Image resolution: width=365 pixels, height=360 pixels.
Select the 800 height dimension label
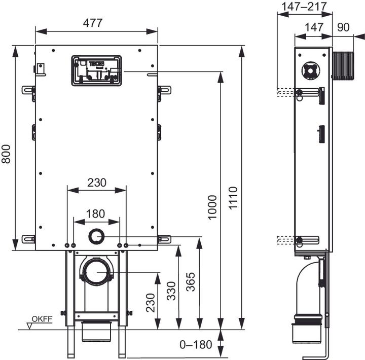(7, 152)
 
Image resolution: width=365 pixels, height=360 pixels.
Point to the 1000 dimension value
(212, 207)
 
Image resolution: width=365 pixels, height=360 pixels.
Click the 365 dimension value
(191, 281)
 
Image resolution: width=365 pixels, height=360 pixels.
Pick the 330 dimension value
(171, 291)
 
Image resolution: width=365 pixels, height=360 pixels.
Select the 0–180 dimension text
(196, 345)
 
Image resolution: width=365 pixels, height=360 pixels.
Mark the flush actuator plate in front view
(96, 70)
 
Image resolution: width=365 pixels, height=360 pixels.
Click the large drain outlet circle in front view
(96, 272)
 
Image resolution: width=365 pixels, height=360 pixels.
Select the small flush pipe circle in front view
(96, 236)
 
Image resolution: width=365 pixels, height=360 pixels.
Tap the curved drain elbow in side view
(307, 284)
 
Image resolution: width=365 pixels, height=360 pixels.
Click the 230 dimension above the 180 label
(96, 183)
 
